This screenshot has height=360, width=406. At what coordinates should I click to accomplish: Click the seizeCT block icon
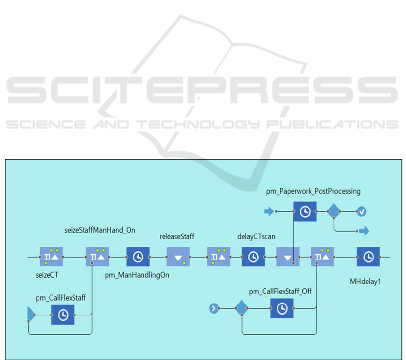click(51, 257)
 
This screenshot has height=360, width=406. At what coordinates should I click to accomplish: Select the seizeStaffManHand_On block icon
click(98, 257)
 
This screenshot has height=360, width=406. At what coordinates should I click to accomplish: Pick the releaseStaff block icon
click(178, 257)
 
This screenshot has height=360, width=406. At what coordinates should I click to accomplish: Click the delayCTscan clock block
click(254, 257)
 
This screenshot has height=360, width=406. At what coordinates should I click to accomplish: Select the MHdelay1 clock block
click(368, 257)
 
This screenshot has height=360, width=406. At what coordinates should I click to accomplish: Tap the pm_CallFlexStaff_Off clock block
click(282, 308)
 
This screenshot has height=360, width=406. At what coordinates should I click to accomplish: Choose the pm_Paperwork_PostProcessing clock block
click(305, 211)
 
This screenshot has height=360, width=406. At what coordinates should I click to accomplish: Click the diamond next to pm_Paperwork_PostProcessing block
click(334, 211)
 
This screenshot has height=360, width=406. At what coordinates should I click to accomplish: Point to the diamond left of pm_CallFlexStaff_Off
click(242, 308)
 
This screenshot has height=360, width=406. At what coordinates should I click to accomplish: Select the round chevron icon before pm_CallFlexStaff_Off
click(214, 308)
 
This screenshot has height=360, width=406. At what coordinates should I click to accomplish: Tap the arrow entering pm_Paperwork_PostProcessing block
click(269, 211)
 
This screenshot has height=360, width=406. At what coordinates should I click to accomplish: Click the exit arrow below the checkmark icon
click(364, 231)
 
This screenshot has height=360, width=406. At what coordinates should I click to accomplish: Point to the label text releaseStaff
click(177, 236)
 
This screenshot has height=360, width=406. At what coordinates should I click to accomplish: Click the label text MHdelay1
click(365, 282)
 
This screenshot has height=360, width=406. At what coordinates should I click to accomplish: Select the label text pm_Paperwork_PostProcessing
click(313, 191)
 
